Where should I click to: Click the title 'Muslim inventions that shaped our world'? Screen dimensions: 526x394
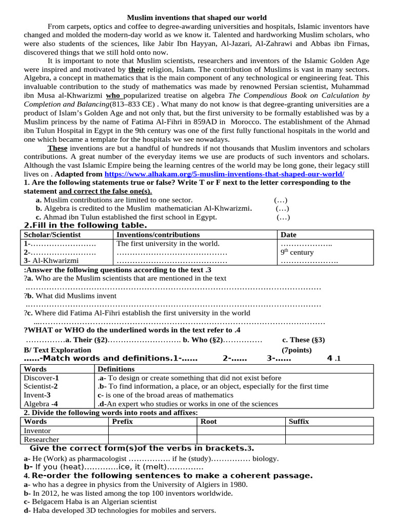197,17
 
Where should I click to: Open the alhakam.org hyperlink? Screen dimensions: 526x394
224,174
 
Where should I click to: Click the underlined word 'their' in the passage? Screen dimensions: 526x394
136,68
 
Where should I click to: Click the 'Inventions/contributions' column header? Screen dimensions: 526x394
151,235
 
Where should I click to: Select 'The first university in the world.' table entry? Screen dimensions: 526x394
168,243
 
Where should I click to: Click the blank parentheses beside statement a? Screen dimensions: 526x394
281,200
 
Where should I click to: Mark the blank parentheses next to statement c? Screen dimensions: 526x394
283,217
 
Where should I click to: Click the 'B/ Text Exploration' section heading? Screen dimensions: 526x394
50,349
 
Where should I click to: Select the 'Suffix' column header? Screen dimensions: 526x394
299,421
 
